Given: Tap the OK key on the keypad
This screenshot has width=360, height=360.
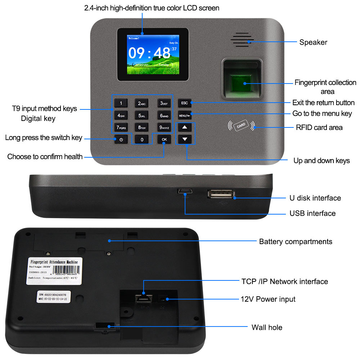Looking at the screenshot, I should pos(164,139).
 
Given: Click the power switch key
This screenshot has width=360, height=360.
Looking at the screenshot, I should pos(121,139).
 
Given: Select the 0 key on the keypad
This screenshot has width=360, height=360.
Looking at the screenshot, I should pos(142,139).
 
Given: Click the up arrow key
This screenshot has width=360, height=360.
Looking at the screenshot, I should pos(185,127).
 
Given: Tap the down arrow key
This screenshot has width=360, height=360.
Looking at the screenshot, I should pos(185,139).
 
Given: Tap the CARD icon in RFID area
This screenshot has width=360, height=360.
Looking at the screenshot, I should pos(241,125).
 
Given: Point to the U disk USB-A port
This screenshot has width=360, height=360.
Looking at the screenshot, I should pos(220,194).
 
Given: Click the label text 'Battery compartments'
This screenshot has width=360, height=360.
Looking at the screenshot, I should pos(296,242).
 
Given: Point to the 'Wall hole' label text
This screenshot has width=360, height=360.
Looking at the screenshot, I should pos(267,328).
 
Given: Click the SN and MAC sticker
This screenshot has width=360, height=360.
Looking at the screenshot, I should pos(54,296).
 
